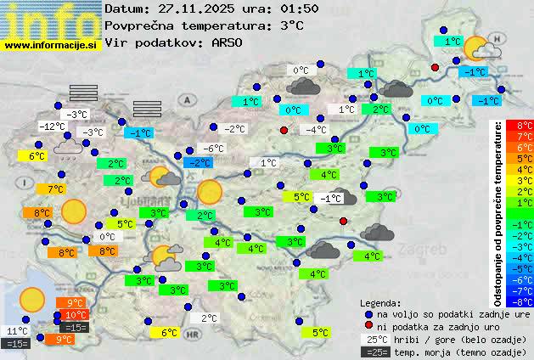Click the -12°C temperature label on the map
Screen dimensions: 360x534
[x=52, y=127]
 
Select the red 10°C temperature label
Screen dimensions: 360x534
[x=75, y=315]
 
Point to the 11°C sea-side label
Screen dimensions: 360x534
[x=17, y=331]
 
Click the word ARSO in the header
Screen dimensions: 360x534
[x=228, y=42]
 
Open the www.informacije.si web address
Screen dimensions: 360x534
[x=51, y=43]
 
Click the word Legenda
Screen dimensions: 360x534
[x=380, y=302]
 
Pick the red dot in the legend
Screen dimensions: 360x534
[x=368, y=326]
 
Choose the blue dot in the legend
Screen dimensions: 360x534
[x=368, y=313]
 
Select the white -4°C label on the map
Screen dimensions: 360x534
[x=317, y=130]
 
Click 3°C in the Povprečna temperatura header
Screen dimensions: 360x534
[x=292, y=25]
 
